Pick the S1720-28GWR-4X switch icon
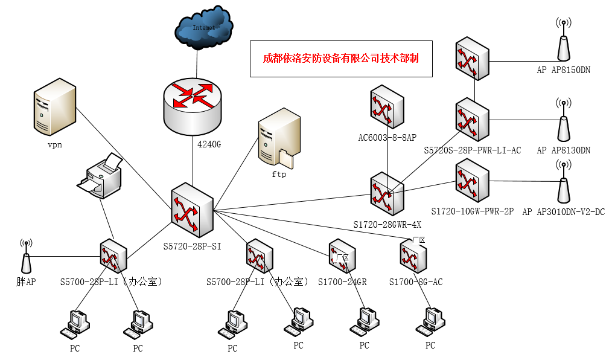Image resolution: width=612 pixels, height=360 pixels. pyautogui.click(x=387, y=193)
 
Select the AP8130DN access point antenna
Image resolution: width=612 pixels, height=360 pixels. pyautogui.click(x=563, y=121)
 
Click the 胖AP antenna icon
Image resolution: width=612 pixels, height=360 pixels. pyautogui.click(x=26, y=257)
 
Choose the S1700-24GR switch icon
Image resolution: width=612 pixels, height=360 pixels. pyautogui.click(x=345, y=257)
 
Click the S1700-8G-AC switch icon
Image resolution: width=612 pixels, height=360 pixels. pyautogui.click(x=413, y=256)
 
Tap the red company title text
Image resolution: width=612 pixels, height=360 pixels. pyautogui.click(x=341, y=59)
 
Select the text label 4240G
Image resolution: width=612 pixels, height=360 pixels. pyautogui.click(x=211, y=144)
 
